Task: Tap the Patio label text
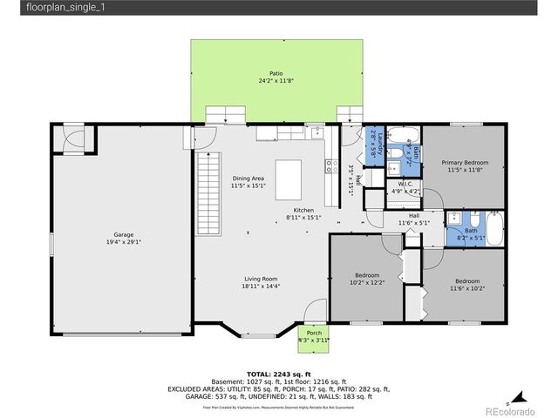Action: (x=276, y=73)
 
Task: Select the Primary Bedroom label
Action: (x=464, y=163)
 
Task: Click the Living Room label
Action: (x=261, y=279)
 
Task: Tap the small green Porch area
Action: (x=313, y=335)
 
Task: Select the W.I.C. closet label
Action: (x=405, y=184)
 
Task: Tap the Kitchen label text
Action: (x=303, y=211)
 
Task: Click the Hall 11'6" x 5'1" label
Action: (x=415, y=219)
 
